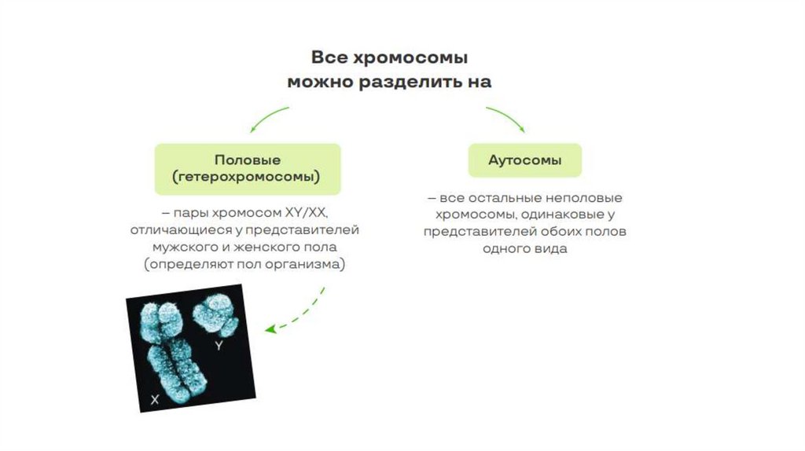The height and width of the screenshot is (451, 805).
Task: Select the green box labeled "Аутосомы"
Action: [x=525, y=159]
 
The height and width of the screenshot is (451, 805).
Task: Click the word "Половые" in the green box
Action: [x=247, y=159]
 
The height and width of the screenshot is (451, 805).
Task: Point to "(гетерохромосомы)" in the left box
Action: [x=247, y=178]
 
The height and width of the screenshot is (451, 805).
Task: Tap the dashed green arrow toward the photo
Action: [x=299, y=314]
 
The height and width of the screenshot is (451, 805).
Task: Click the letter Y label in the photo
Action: [x=219, y=345]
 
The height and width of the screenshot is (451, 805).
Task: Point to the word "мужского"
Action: [x=182, y=247]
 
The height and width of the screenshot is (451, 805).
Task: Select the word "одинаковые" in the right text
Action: [x=562, y=214]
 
